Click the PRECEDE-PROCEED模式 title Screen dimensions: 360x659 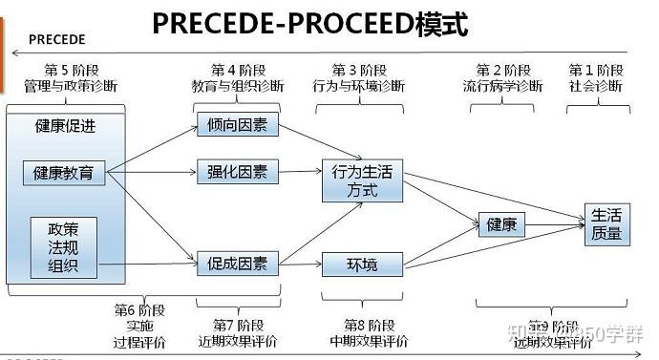[x=309, y=22]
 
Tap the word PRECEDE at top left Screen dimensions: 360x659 [x=56, y=39]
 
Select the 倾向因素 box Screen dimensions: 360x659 [x=237, y=125]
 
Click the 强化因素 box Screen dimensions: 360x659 [x=237, y=172]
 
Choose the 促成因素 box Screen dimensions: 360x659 [x=237, y=262]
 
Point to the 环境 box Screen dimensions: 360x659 [x=362, y=263]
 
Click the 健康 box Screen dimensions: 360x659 [x=501, y=225]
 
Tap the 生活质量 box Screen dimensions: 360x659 [x=606, y=224]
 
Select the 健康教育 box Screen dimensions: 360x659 [x=64, y=173]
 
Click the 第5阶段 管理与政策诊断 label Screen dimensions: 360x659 [x=72, y=78]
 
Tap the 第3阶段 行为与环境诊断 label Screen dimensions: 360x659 [x=359, y=78]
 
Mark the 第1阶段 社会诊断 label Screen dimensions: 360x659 [x=597, y=78]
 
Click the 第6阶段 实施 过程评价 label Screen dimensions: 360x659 [x=139, y=324]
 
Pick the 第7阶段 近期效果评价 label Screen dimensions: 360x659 [x=238, y=331]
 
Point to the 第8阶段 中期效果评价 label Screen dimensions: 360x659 [x=369, y=331]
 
